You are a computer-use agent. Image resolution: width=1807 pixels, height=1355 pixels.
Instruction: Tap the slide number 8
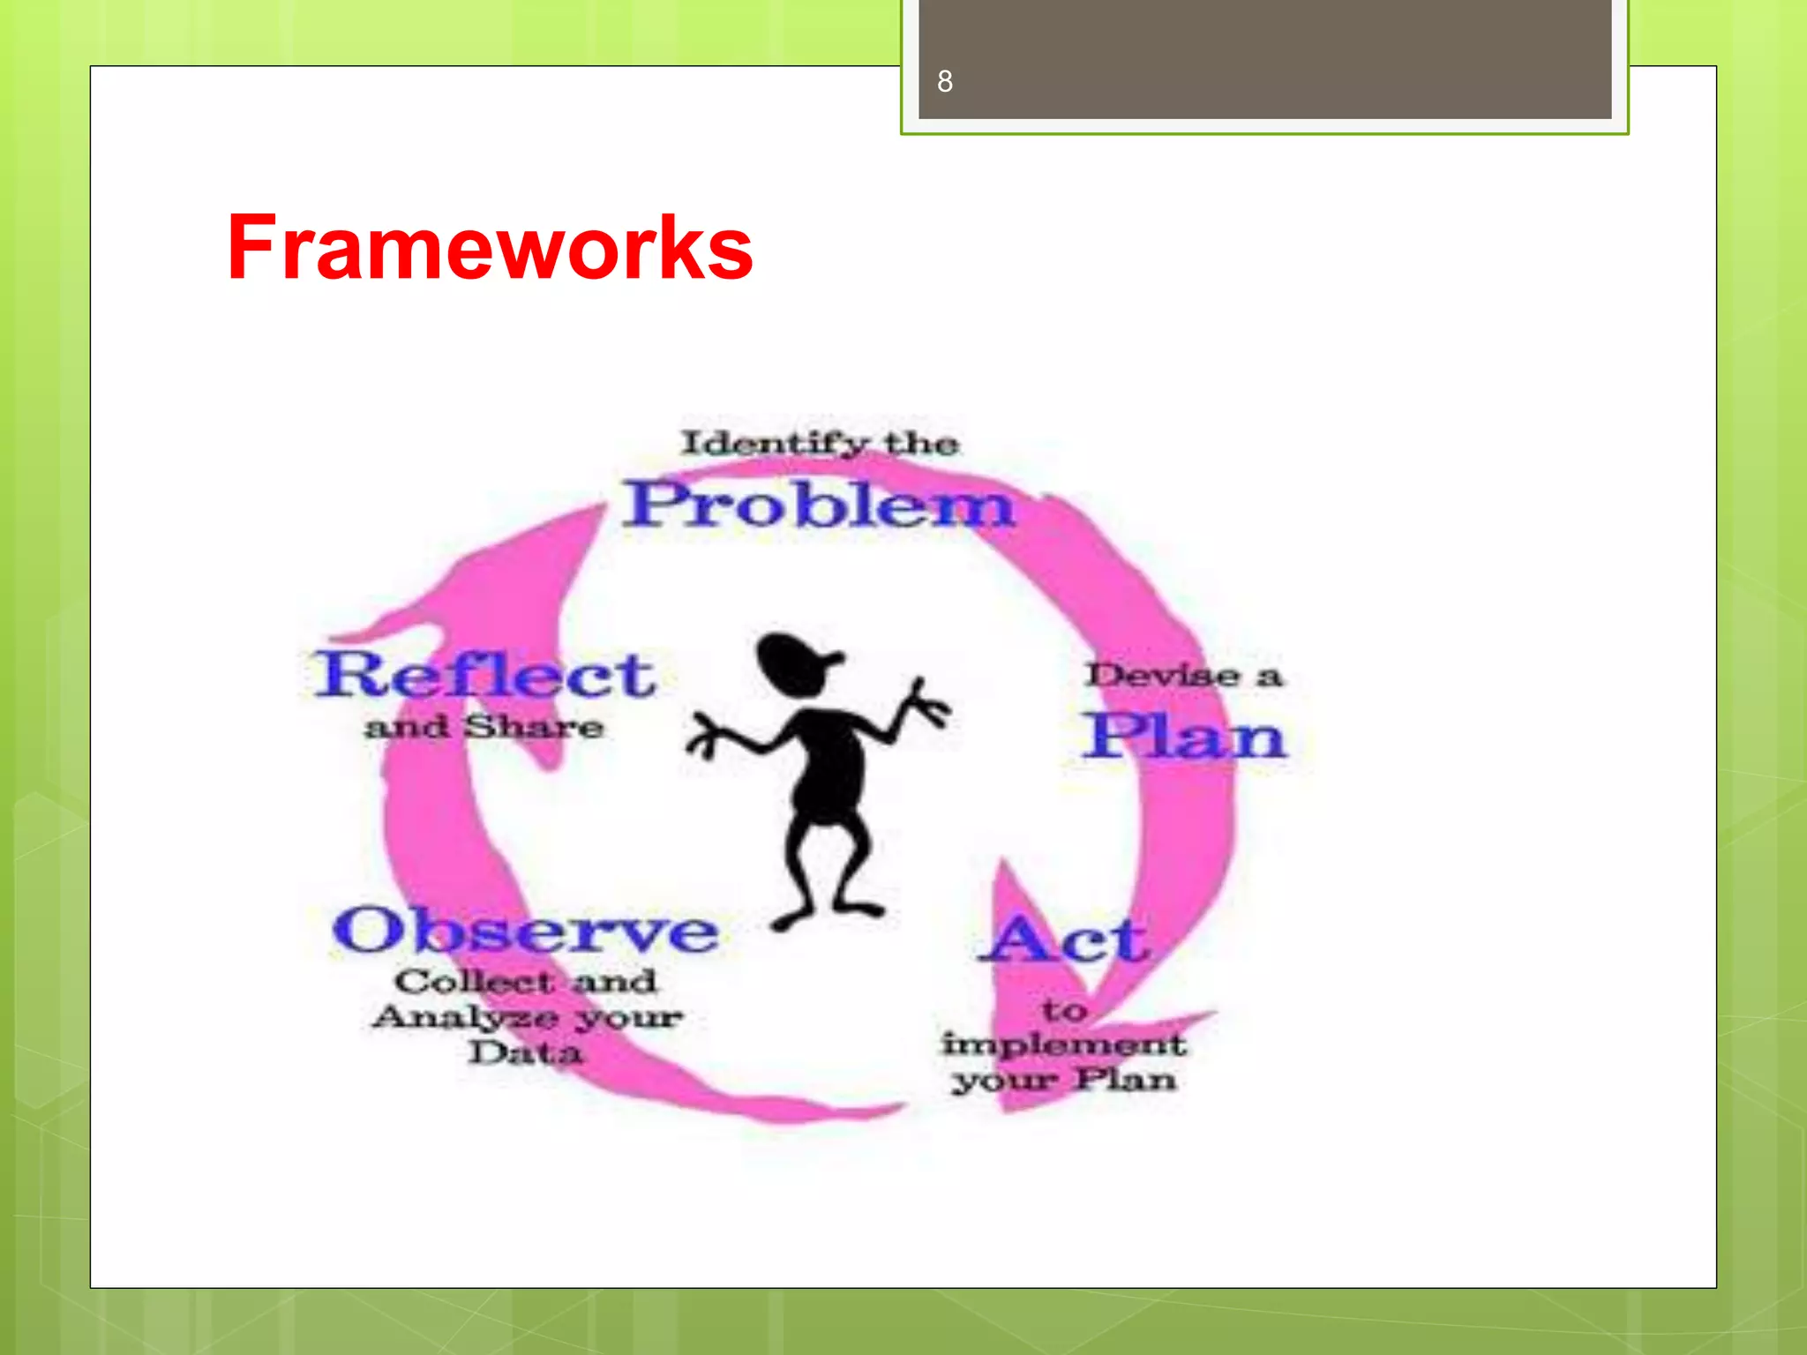(x=944, y=81)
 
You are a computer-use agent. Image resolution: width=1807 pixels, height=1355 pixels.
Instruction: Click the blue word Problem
(x=819, y=505)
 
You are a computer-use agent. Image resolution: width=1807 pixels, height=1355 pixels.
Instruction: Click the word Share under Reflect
(x=534, y=727)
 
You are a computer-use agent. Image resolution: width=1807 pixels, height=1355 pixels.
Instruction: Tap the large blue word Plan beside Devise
(x=1185, y=736)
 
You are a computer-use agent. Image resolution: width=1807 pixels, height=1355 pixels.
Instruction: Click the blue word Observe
(x=525, y=931)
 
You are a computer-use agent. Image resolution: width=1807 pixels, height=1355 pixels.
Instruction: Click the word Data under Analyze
(x=525, y=1052)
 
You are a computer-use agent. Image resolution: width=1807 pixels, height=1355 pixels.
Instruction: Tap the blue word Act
(x=1065, y=940)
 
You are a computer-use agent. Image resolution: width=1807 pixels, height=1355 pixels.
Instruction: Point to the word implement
(x=1063, y=1044)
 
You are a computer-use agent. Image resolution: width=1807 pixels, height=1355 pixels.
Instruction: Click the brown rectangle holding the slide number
(x=1264, y=59)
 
